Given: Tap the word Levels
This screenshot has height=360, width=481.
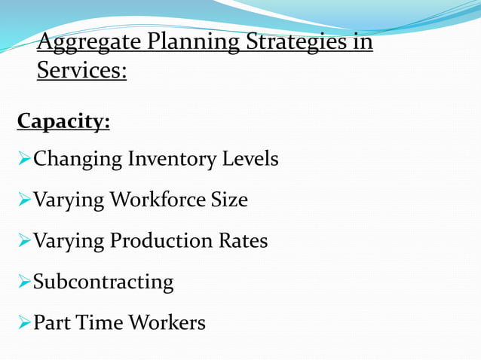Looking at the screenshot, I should pyautogui.click(x=250, y=160).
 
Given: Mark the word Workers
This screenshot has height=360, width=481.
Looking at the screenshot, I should pyautogui.click(x=167, y=322).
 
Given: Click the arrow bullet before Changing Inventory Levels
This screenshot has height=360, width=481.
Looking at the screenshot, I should pyautogui.click(x=23, y=160).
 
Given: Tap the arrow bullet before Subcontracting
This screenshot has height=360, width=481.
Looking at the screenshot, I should pyautogui.click(x=23, y=282).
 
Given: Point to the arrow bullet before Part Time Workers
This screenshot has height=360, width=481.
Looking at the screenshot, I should pyautogui.click(x=23, y=322).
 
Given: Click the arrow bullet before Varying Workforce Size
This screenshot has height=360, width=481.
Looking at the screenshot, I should pyautogui.click(x=23, y=200).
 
